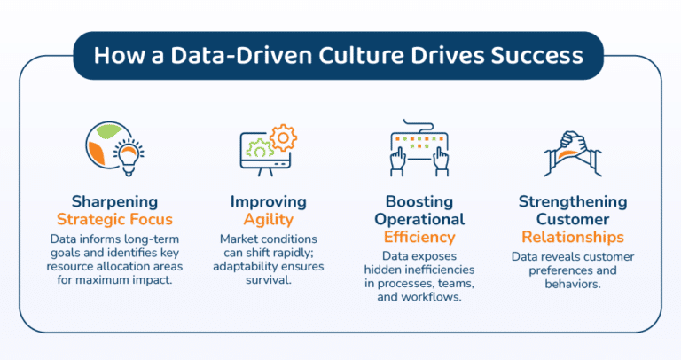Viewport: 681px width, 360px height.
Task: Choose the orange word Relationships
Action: tap(572, 237)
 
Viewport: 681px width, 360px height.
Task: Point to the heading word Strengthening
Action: tap(572, 201)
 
